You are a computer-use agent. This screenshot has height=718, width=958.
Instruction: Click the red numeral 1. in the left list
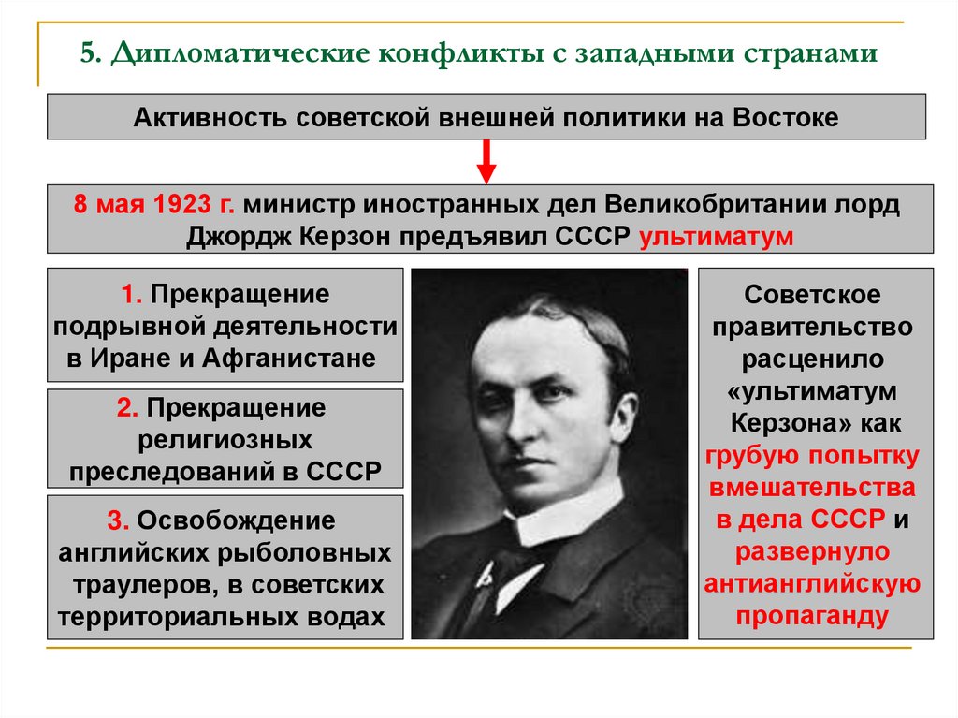tap(130, 295)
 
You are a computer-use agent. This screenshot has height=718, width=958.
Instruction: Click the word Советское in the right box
tap(812, 295)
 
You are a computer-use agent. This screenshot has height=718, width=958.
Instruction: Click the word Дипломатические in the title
tap(238, 52)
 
